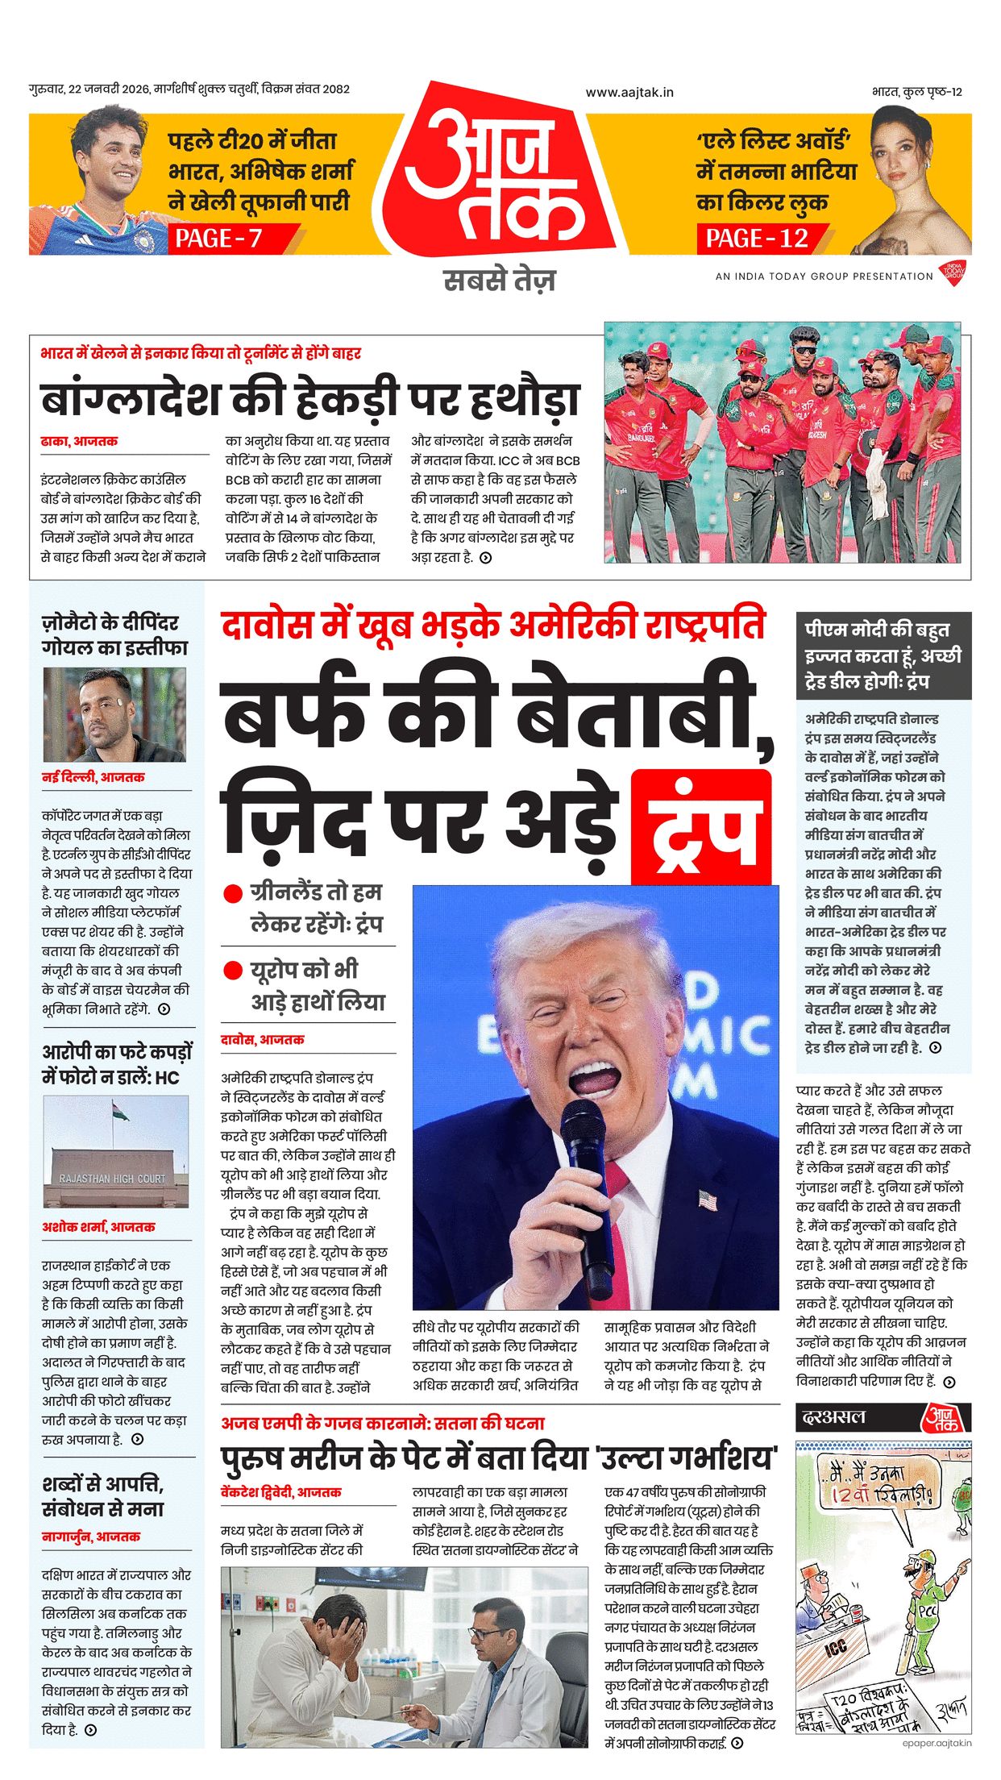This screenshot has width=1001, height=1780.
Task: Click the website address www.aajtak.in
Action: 629,93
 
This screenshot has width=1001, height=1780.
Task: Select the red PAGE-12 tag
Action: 756,238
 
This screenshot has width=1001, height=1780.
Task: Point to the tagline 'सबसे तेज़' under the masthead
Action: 500,281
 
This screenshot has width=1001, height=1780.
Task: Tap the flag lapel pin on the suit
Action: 708,1200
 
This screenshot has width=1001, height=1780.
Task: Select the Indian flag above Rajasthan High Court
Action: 121,1113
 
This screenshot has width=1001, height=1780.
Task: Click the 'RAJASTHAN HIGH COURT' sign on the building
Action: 112,1178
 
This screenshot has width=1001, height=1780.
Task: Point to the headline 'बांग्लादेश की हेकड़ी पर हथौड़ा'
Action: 310,399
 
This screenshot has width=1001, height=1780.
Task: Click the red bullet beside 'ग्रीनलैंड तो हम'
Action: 233,894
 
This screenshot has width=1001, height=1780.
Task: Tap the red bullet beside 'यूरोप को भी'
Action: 233,971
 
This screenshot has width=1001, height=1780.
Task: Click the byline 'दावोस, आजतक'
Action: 263,1040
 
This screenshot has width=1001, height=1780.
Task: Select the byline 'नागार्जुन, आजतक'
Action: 91,1537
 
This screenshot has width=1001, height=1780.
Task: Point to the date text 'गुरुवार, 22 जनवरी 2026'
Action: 89,89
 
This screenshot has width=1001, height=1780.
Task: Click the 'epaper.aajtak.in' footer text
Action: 937,1743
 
